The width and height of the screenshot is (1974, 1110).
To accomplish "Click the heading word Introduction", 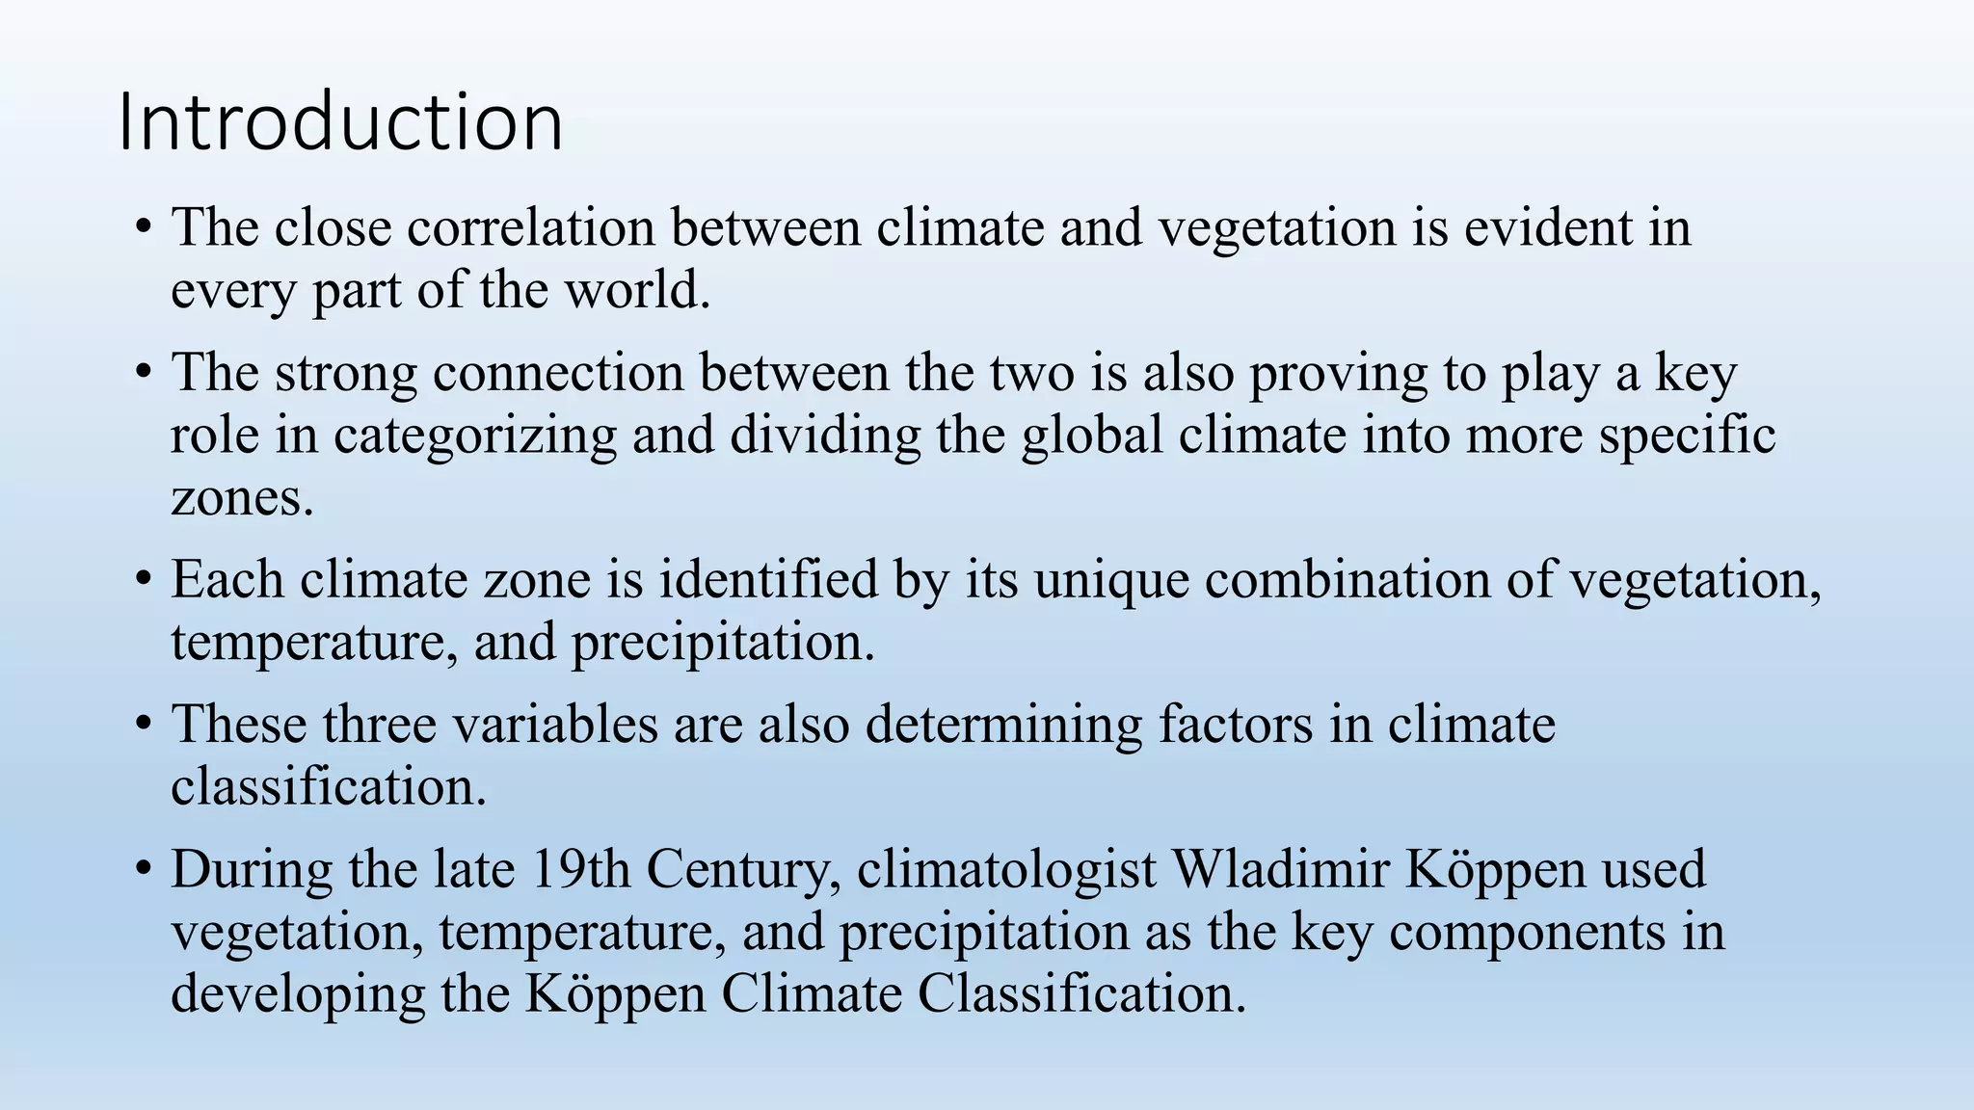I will click(340, 122).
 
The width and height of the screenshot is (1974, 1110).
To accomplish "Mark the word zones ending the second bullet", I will click(242, 499).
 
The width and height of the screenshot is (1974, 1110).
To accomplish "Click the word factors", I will click(1236, 725).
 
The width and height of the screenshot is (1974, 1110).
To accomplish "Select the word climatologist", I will click(1006, 871).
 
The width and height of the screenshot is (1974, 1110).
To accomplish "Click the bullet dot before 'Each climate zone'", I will click(143, 581).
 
